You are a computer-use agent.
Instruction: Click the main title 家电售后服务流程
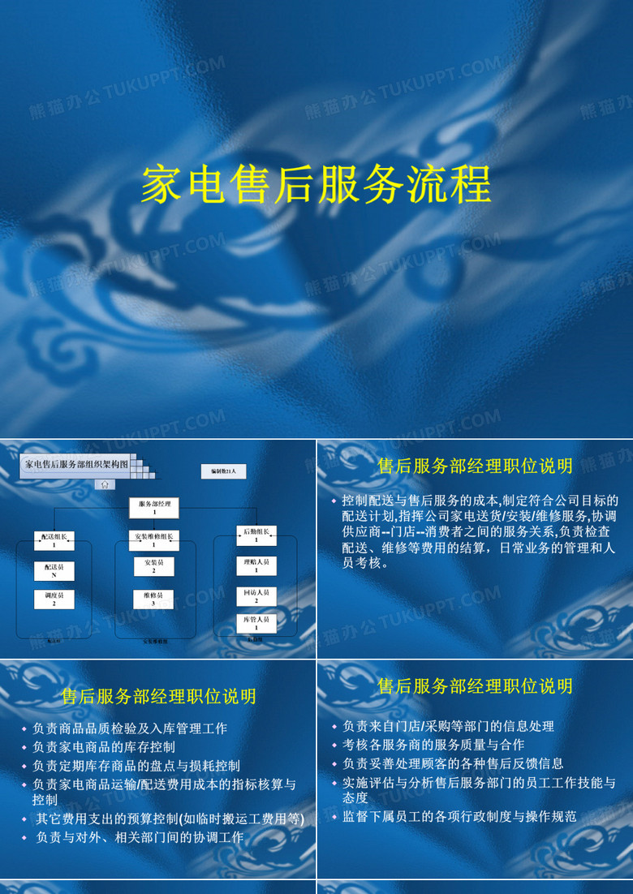[x=316, y=186]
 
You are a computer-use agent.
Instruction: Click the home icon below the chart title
[x=105, y=484]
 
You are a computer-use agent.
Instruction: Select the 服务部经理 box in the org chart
[x=154, y=508]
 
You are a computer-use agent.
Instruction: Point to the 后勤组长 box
[x=256, y=535]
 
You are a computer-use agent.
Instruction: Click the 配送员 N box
[x=54, y=571]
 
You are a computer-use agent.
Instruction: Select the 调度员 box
[x=54, y=600]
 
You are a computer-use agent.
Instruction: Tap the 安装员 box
[x=154, y=566]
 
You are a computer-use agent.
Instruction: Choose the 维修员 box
[x=154, y=600]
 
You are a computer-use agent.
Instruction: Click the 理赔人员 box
[x=256, y=565]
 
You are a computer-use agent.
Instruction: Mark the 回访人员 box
[x=256, y=596]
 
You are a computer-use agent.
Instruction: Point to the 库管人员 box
[x=256, y=623]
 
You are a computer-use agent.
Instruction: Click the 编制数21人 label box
[x=223, y=471]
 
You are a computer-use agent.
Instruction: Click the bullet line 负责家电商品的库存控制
[x=104, y=746]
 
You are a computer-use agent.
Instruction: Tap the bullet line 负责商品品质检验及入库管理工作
[x=130, y=728]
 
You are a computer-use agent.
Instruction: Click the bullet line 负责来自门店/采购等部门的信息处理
[x=448, y=725]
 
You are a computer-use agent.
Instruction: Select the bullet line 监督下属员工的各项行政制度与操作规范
[x=459, y=816]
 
